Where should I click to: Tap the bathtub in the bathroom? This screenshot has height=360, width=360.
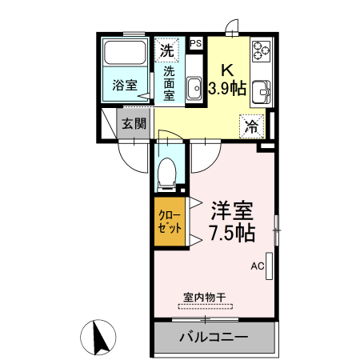(x=125, y=54)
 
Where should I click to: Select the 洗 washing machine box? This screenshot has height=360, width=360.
(x=166, y=50)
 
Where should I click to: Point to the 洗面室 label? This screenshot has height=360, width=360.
(x=170, y=82)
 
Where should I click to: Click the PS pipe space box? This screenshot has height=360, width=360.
(x=196, y=43)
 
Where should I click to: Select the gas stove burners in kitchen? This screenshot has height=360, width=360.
(x=261, y=51)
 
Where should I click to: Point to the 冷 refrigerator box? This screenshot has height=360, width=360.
(x=251, y=125)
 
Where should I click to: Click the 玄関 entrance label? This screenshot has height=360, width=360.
(x=134, y=124)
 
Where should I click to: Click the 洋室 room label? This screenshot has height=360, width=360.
(x=232, y=212)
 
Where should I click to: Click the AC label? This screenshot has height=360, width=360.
(x=257, y=266)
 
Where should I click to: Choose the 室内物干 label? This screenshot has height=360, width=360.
(x=205, y=297)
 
